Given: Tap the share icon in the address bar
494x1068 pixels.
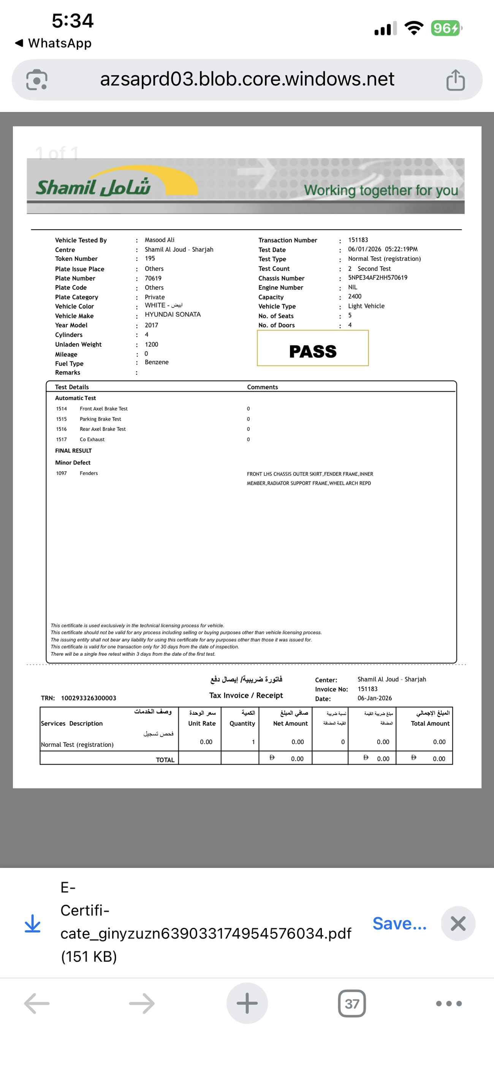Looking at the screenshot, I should [455, 80].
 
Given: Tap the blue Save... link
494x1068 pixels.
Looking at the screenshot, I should [399, 924].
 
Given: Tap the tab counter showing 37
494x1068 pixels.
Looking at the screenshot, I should [351, 1004].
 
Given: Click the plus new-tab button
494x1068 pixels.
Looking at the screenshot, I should [247, 1003].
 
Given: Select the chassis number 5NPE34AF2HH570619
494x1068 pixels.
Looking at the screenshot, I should [377, 278].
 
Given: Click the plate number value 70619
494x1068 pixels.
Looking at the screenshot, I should [153, 278].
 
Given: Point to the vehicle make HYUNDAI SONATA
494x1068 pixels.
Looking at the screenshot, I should [173, 315].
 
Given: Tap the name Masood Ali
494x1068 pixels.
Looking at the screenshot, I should [159, 240].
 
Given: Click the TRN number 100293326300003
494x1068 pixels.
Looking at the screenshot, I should [89, 698].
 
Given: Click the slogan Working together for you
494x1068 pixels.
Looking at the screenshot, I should [381, 190].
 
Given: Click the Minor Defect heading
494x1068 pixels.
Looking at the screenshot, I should [73, 463].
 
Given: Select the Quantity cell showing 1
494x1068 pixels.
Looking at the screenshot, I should [253, 742].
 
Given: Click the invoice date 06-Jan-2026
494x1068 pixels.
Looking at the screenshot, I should [374, 698].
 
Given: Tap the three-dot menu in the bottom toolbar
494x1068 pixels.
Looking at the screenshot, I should [448, 1004].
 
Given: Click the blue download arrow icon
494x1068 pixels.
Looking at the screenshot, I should [32, 924].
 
